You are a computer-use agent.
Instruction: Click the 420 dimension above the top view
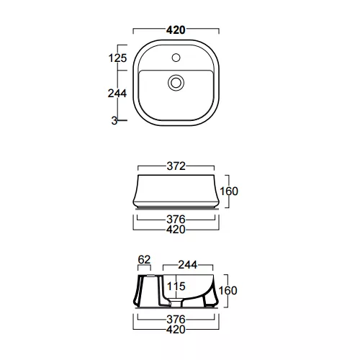(176, 30)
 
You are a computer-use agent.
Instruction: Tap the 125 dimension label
(117, 58)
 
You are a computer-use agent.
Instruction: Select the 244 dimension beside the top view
(117, 94)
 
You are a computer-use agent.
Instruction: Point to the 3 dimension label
(114, 121)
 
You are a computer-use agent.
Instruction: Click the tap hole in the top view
(176, 58)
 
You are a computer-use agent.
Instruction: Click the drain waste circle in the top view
(176, 83)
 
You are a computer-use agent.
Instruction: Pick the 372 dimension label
(176, 166)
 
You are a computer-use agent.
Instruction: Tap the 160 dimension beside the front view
(229, 192)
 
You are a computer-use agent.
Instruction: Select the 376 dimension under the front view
(176, 220)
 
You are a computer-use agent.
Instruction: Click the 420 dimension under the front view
(176, 230)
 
